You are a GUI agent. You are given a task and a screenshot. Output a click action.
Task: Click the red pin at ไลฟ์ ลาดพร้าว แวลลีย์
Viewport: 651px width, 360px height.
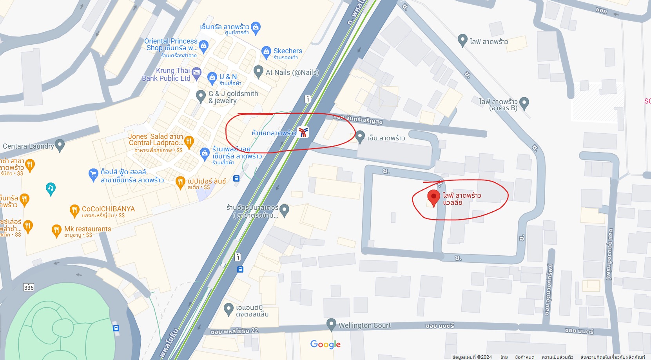pos(433,197)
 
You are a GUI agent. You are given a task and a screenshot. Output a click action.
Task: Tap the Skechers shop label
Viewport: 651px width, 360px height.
pos(288,51)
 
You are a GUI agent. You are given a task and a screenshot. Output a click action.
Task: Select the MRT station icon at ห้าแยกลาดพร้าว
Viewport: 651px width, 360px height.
pos(303,133)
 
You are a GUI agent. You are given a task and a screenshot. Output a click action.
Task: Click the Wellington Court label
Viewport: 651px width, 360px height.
pos(364,325)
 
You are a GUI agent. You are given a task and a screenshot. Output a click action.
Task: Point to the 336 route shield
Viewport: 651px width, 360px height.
pos(29,287)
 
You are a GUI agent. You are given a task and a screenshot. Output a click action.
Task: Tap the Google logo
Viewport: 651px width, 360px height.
pos(325,344)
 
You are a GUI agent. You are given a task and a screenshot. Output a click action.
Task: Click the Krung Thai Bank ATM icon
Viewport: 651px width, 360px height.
pos(196,72)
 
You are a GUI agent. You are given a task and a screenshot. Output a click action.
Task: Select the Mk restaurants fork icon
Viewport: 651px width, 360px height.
pos(56,230)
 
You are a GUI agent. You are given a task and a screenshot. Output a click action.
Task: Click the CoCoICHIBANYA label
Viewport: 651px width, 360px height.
pos(108,209)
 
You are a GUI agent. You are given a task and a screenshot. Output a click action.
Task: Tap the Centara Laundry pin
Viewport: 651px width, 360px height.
pos(60,145)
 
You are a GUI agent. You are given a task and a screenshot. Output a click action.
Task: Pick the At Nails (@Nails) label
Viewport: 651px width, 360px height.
pos(292,73)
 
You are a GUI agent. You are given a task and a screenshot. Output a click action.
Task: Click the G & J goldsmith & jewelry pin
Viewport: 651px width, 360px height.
pos(201,95)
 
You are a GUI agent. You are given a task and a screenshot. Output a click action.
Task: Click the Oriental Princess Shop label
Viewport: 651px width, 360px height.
pos(171,44)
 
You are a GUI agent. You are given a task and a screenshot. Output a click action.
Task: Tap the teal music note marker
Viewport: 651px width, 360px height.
pos(51,189)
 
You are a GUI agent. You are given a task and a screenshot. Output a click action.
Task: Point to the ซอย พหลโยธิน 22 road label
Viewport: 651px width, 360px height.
pos(234,331)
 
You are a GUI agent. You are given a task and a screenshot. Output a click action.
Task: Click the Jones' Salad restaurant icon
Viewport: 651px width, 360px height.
pos(189,141)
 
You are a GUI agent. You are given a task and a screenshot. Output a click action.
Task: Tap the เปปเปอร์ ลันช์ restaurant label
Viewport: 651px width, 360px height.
pos(207,181)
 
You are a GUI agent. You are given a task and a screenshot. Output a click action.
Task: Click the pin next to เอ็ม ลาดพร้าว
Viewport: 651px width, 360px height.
pos(360,136)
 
